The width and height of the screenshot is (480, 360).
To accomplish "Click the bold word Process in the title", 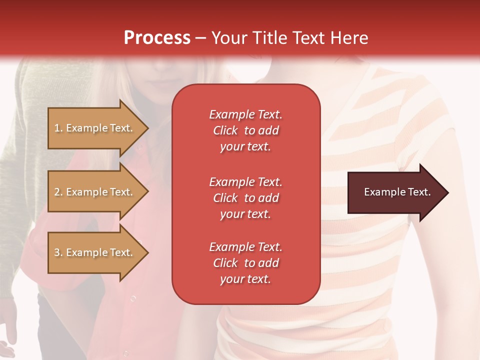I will pyautogui.click(x=157, y=38).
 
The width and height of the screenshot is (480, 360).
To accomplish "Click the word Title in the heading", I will pyautogui.click(x=268, y=38).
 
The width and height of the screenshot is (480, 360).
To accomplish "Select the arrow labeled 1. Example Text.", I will pyautogui.click(x=95, y=128).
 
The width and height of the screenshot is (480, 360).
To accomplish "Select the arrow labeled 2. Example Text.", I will pyautogui.click(x=95, y=192).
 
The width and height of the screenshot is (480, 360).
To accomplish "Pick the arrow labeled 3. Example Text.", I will pyautogui.click(x=95, y=252).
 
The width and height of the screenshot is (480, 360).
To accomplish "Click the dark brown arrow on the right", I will pyautogui.click(x=395, y=192).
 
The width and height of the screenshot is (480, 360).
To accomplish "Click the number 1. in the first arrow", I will pyautogui.click(x=58, y=128).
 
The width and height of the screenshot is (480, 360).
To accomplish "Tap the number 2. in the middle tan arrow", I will pyautogui.click(x=58, y=192).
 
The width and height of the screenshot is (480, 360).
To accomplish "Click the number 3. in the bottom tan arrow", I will pyautogui.click(x=58, y=252).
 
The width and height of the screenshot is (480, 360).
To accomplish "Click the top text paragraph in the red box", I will pyautogui.click(x=245, y=130).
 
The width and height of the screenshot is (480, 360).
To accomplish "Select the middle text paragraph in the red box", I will pyautogui.click(x=245, y=198).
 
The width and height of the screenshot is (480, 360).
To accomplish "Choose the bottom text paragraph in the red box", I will pyautogui.click(x=245, y=263).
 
